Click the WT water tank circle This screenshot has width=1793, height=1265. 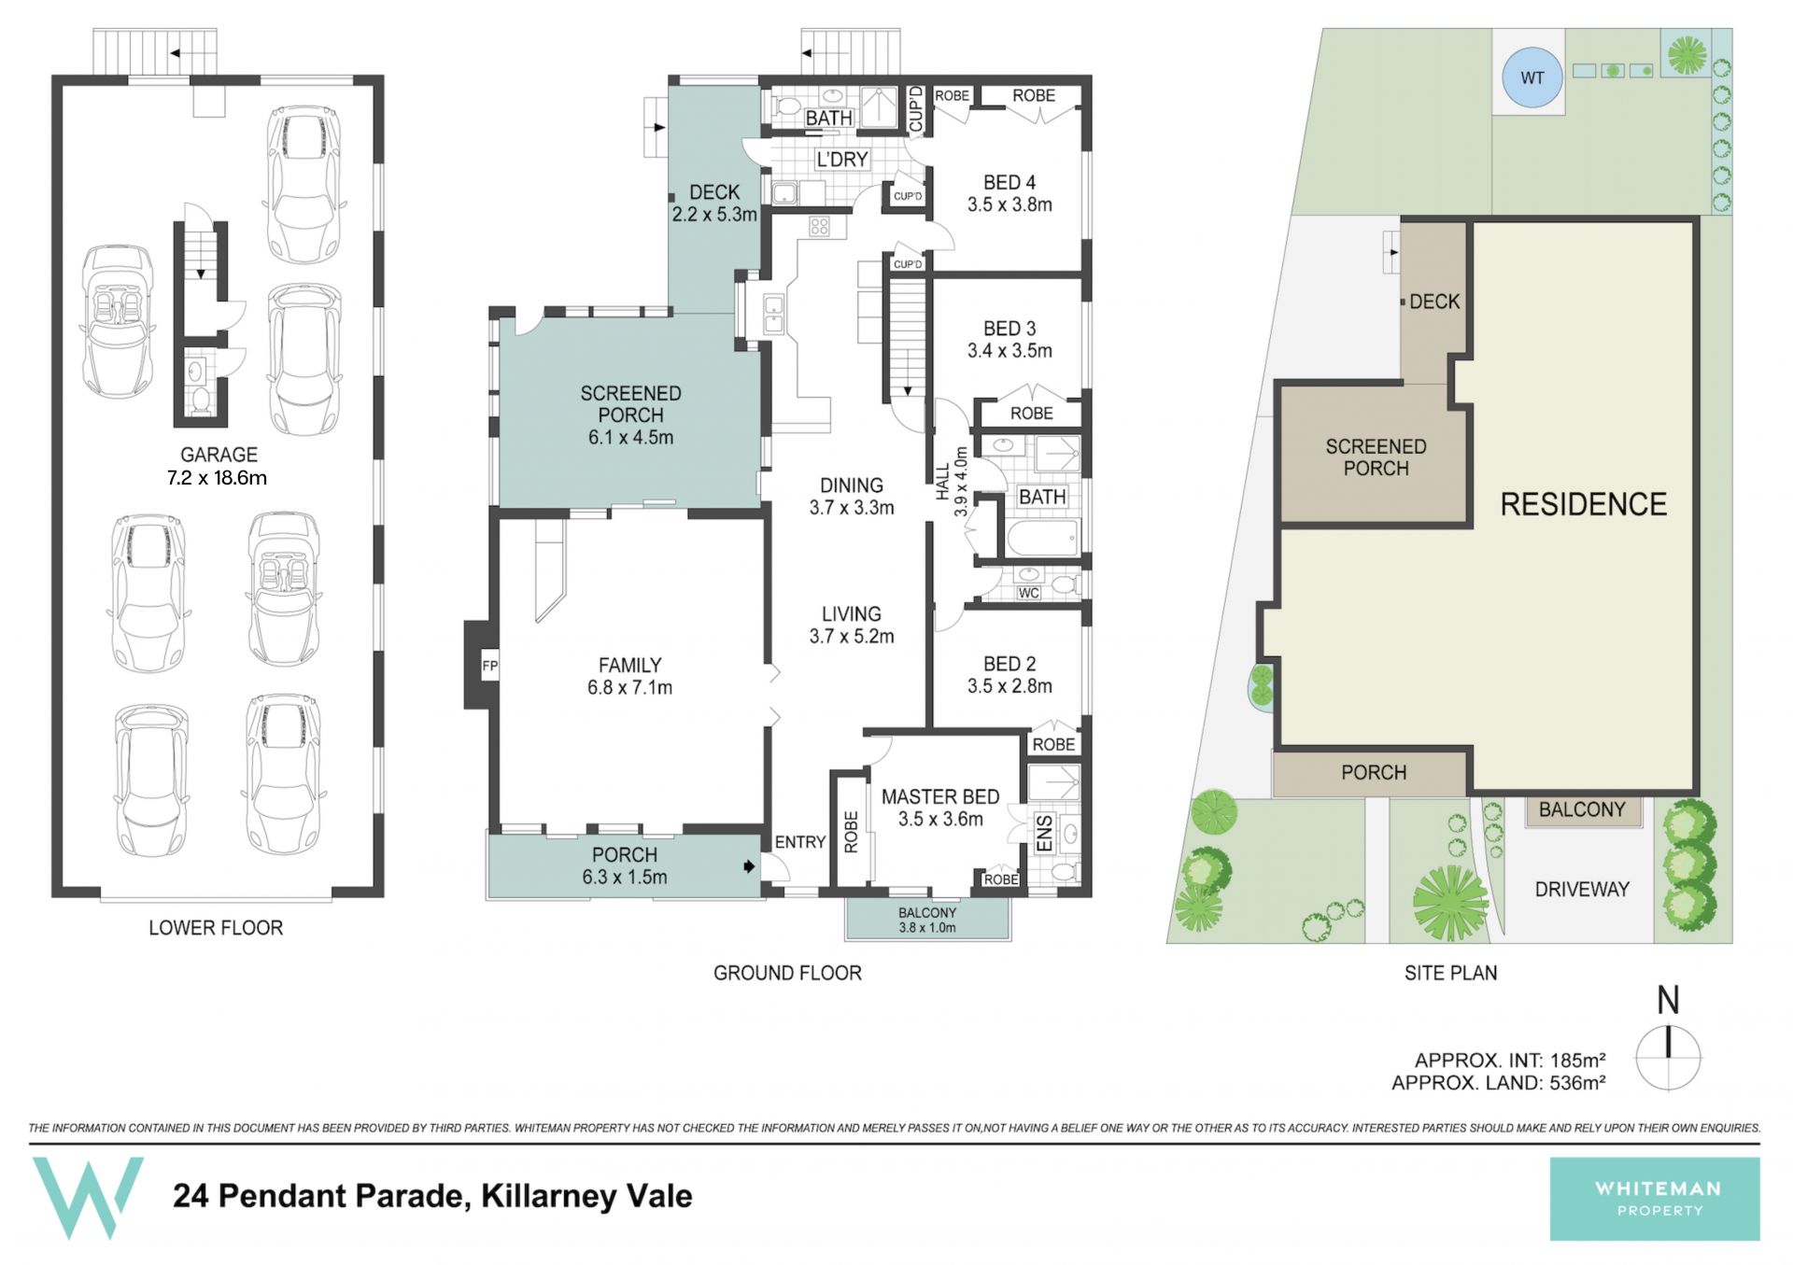click(1532, 78)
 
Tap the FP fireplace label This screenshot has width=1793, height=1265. click(489, 666)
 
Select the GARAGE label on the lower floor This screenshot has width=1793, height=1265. click(219, 455)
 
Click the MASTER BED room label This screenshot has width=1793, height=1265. click(940, 796)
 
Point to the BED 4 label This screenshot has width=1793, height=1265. click(1009, 182)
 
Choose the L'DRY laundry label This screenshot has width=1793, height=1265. click(842, 160)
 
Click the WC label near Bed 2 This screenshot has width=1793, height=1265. click(1028, 593)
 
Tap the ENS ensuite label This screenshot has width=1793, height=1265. click(1044, 833)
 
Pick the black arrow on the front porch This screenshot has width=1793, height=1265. click(749, 866)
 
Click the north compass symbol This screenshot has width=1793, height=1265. click(1668, 1058)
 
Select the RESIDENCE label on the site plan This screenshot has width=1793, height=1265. click(1583, 504)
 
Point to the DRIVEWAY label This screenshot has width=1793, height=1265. click(1582, 889)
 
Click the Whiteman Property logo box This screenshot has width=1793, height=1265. click(1655, 1199)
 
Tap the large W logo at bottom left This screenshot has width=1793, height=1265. click(89, 1198)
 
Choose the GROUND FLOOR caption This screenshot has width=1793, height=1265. click(787, 973)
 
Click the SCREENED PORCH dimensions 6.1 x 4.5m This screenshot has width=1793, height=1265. click(630, 437)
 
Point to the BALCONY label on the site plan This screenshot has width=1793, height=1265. click(1582, 809)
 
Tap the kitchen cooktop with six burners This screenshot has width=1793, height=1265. click(820, 225)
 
